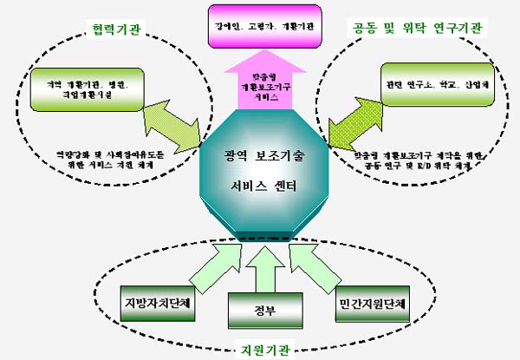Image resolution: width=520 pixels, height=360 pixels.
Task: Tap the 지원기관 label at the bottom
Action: tap(265, 350)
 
